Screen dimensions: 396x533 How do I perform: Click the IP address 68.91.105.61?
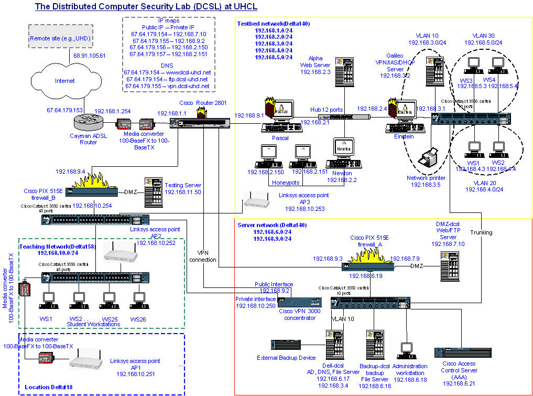89,56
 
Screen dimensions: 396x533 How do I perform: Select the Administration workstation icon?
406,350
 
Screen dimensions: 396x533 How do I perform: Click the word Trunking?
481,232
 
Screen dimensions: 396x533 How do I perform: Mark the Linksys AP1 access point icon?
85,364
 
